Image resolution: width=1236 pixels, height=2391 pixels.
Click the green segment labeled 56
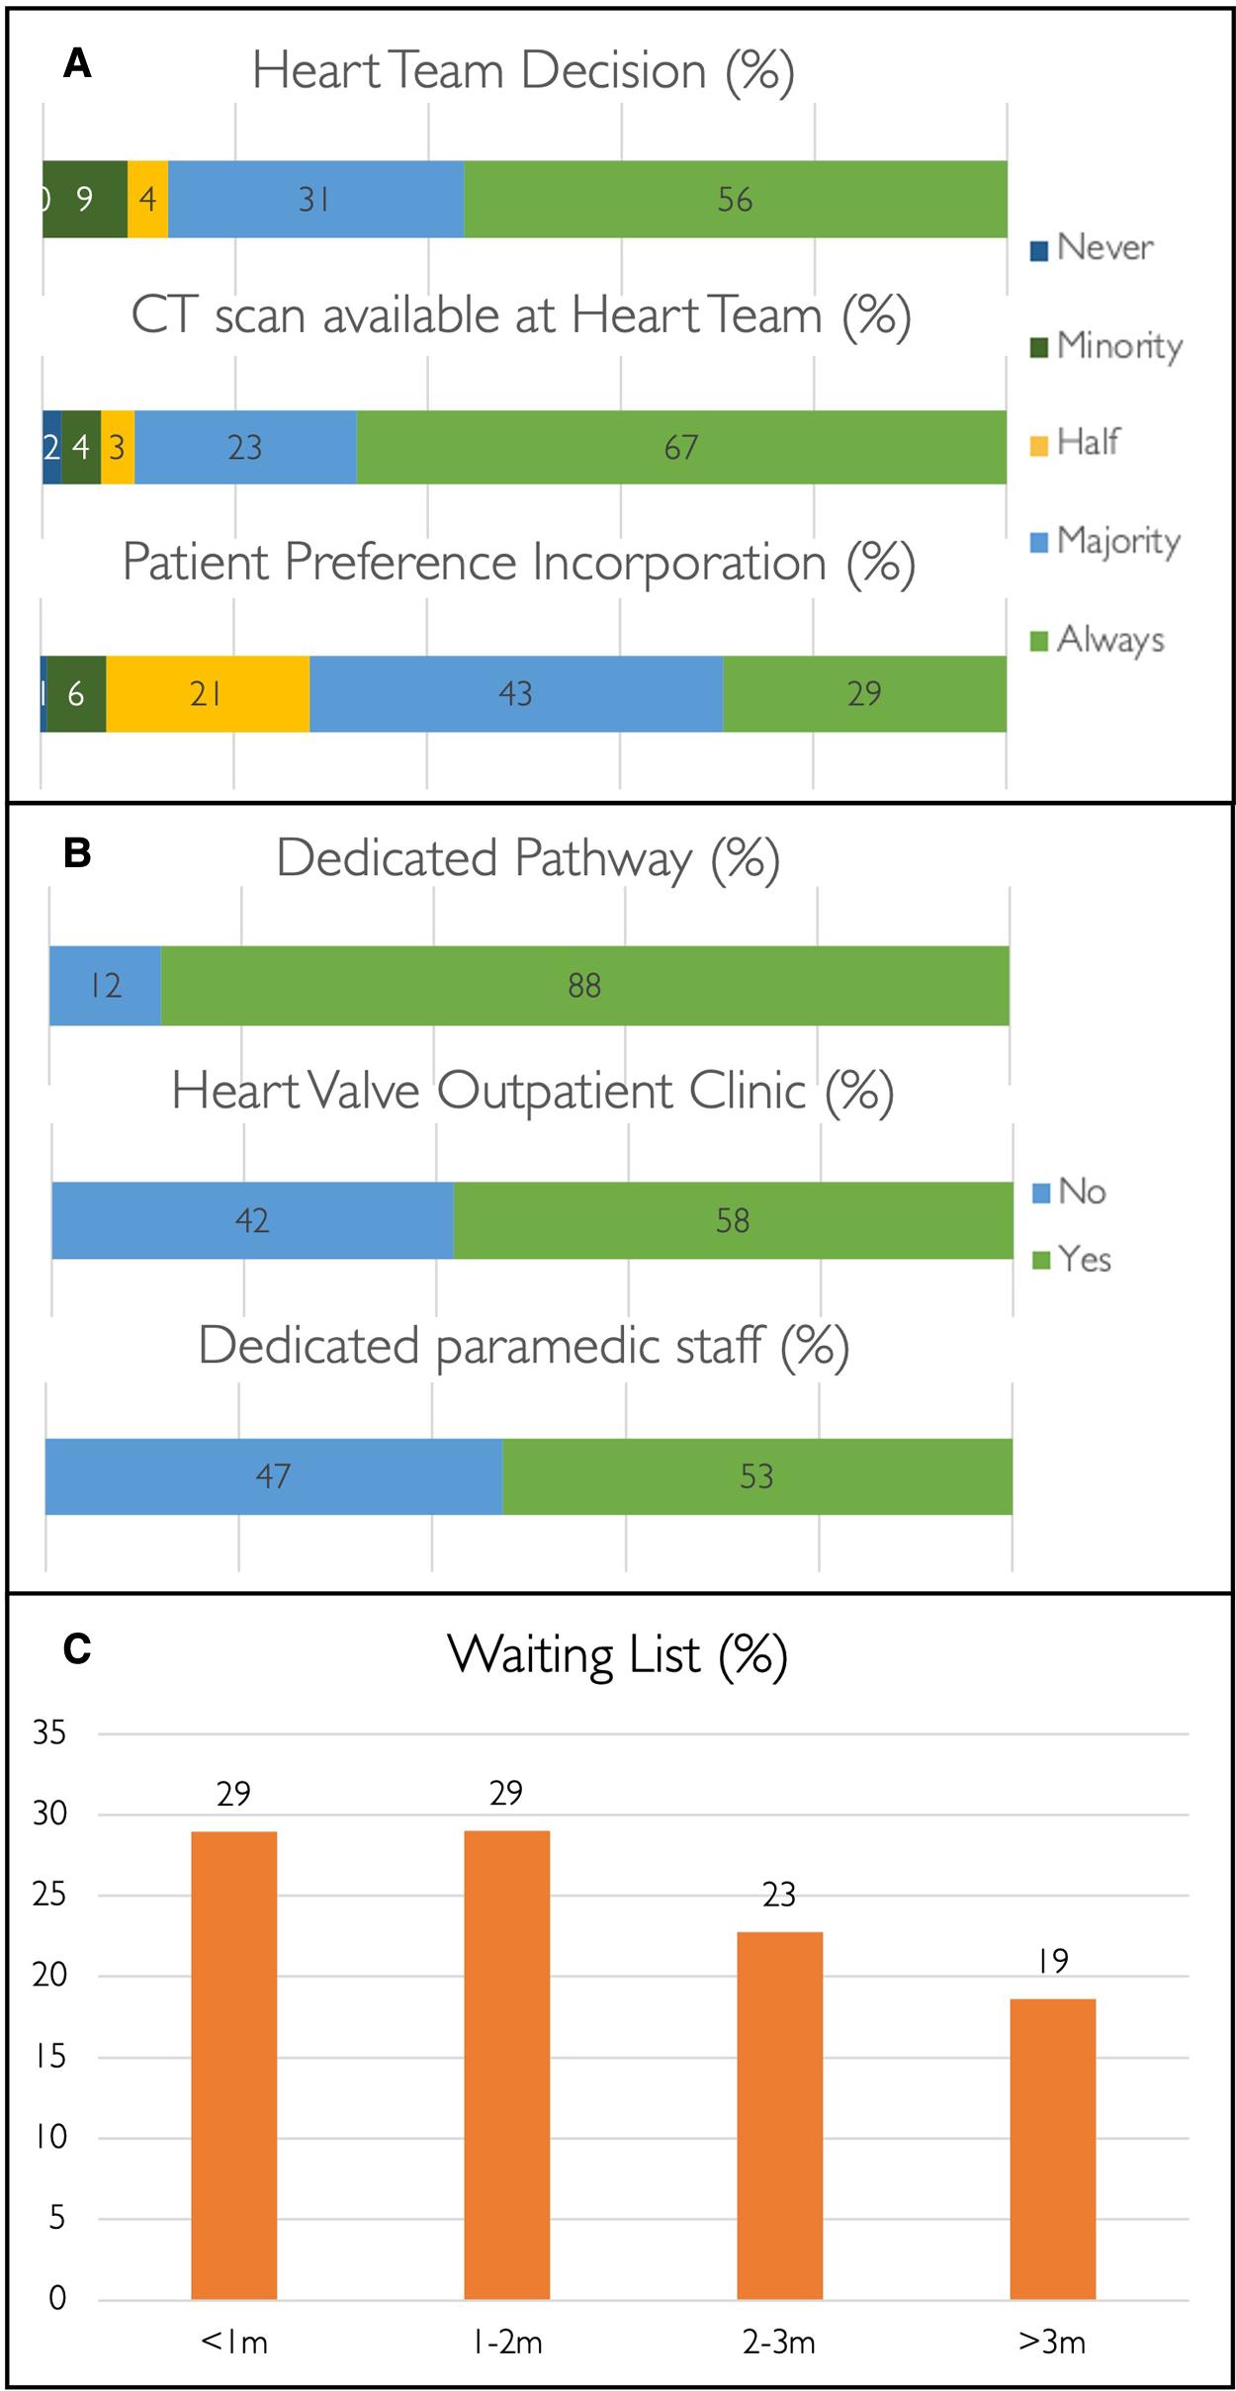pos(735,199)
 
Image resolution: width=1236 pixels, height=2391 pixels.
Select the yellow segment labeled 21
pos(207,693)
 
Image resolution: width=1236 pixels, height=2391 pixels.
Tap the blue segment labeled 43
pos(515,693)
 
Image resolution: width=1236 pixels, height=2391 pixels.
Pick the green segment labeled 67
pos(680,447)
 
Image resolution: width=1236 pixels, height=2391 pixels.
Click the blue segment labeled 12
pos(105,985)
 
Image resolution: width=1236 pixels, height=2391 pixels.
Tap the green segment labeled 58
pos(733,1219)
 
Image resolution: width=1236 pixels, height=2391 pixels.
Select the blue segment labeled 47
pos(273,1475)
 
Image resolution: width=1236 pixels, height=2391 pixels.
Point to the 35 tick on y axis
pos(49,1732)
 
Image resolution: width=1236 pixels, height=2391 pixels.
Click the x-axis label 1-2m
pos(506,2343)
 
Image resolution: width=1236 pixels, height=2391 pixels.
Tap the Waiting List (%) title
pos(617,1654)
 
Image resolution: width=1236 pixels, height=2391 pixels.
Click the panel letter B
pos(77,852)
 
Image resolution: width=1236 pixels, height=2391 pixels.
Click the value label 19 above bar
pos(1052,1960)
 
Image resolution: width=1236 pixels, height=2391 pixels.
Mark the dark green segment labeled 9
pos(85,199)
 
